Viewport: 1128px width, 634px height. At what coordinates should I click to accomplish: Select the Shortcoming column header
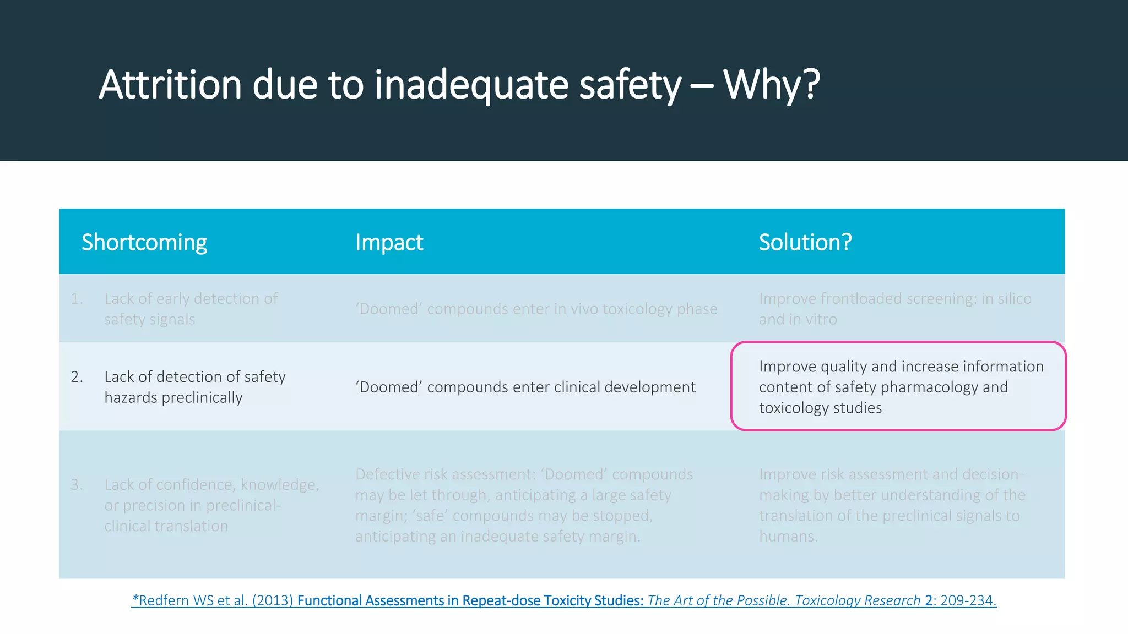tap(144, 242)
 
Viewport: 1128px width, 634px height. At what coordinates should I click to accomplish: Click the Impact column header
tap(389, 242)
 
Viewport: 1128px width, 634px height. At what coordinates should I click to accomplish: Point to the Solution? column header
tap(805, 242)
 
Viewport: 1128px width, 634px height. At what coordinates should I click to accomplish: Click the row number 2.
tap(77, 377)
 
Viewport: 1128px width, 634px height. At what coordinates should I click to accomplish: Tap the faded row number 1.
tap(77, 299)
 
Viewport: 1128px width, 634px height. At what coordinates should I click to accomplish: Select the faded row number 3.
tap(77, 485)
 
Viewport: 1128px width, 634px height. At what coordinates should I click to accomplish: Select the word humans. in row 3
tap(788, 536)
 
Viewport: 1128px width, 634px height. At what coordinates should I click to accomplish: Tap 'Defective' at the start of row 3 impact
tap(387, 474)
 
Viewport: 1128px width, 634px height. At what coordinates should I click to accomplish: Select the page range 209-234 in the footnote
tap(967, 600)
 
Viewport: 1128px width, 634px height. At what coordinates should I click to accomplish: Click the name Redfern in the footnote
tap(164, 600)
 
